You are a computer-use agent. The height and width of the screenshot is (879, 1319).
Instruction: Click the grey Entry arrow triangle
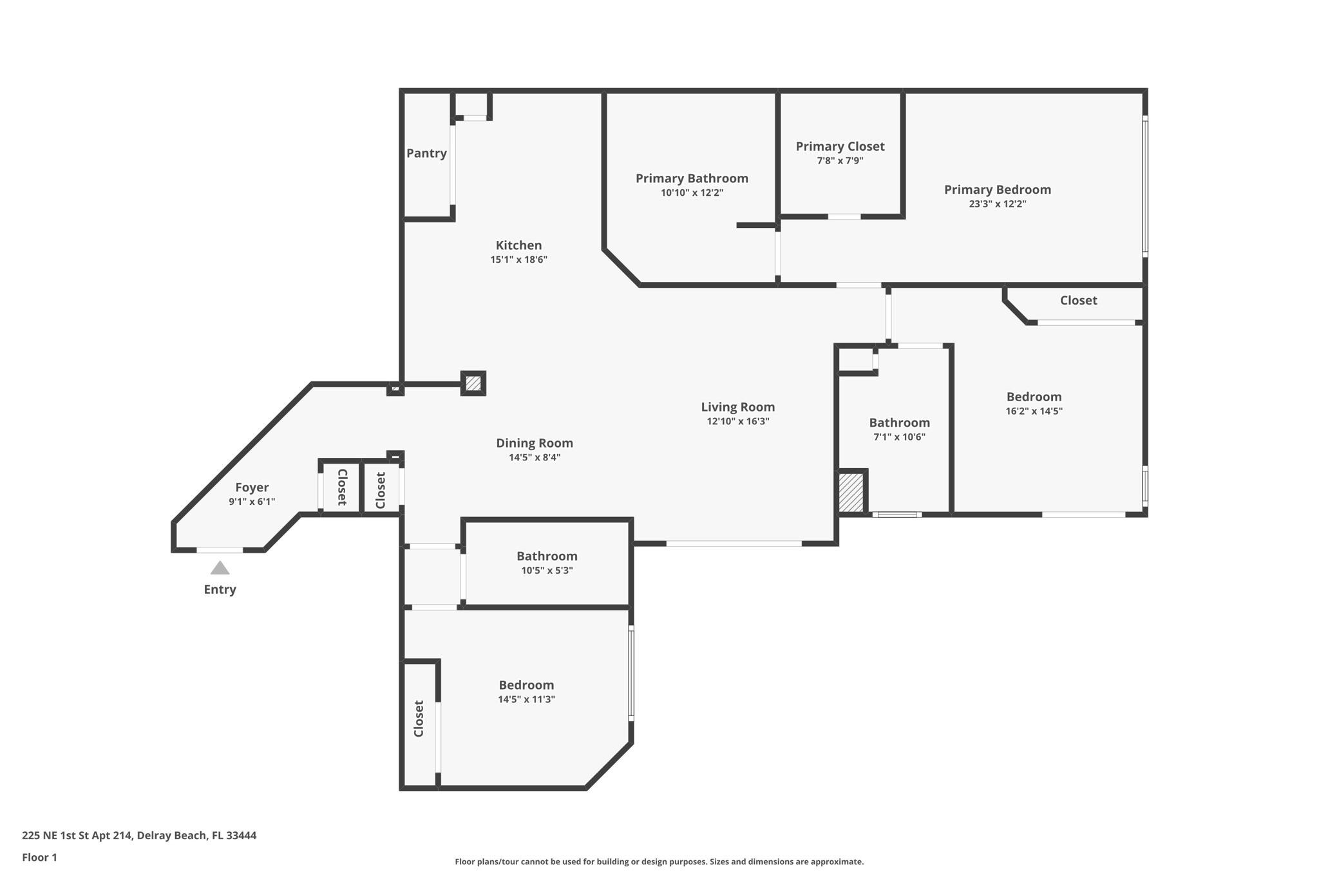coord(220,568)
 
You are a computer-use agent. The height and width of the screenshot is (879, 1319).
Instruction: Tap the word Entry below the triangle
coord(220,589)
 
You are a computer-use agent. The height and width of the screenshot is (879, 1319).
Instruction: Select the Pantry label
coord(426,153)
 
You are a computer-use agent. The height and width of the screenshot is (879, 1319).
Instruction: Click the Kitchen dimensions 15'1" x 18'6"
coord(518,260)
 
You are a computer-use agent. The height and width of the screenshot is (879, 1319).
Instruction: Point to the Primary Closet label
coord(840,146)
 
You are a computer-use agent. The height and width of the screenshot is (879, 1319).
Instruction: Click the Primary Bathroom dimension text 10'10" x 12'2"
coord(692,193)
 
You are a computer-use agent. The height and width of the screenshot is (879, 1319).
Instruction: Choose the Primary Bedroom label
coord(997,189)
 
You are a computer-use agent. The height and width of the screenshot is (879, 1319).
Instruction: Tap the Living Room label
coord(737,407)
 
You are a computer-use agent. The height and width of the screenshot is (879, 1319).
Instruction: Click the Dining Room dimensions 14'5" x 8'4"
coord(535,457)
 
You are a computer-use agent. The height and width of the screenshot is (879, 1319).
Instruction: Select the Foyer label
coord(252,487)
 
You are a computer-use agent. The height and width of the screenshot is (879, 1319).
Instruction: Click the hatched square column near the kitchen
coord(473,383)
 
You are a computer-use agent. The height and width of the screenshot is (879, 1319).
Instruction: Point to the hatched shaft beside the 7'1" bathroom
coord(850,493)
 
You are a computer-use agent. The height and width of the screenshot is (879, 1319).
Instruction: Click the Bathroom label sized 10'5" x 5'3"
coord(547,556)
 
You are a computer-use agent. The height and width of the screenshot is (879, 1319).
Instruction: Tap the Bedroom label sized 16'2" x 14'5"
coord(1034,397)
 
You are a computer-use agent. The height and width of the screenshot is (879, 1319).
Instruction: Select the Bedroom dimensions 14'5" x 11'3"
coord(526,699)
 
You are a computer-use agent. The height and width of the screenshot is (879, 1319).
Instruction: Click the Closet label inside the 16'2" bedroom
coord(1078,300)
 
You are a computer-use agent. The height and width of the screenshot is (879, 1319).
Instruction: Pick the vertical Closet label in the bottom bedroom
coord(419,718)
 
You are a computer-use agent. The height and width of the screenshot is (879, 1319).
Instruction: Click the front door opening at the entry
coord(220,550)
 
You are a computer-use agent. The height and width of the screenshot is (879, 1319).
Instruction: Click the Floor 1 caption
coord(39,857)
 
